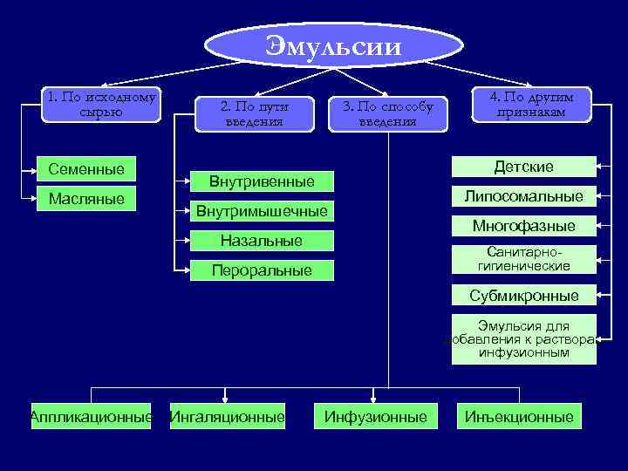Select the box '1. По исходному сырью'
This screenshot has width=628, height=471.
(x=103, y=105)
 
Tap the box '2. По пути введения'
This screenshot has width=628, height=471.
(x=254, y=113)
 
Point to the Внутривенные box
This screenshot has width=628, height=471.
(x=261, y=181)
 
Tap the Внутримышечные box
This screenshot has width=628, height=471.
(x=261, y=211)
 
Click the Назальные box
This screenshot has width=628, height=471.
(x=261, y=241)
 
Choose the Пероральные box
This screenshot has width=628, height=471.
(x=261, y=270)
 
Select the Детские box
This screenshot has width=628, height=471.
(x=523, y=167)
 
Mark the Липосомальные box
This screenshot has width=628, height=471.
(x=523, y=196)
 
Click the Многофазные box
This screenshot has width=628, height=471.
(x=523, y=226)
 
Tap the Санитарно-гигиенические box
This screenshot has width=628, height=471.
(x=523, y=259)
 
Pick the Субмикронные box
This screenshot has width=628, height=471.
(x=523, y=295)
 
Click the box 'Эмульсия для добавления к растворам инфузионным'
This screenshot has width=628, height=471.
(x=523, y=339)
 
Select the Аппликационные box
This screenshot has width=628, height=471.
(x=91, y=417)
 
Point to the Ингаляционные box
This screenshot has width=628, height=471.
(x=228, y=417)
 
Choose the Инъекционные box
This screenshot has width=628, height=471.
(x=520, y=417)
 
